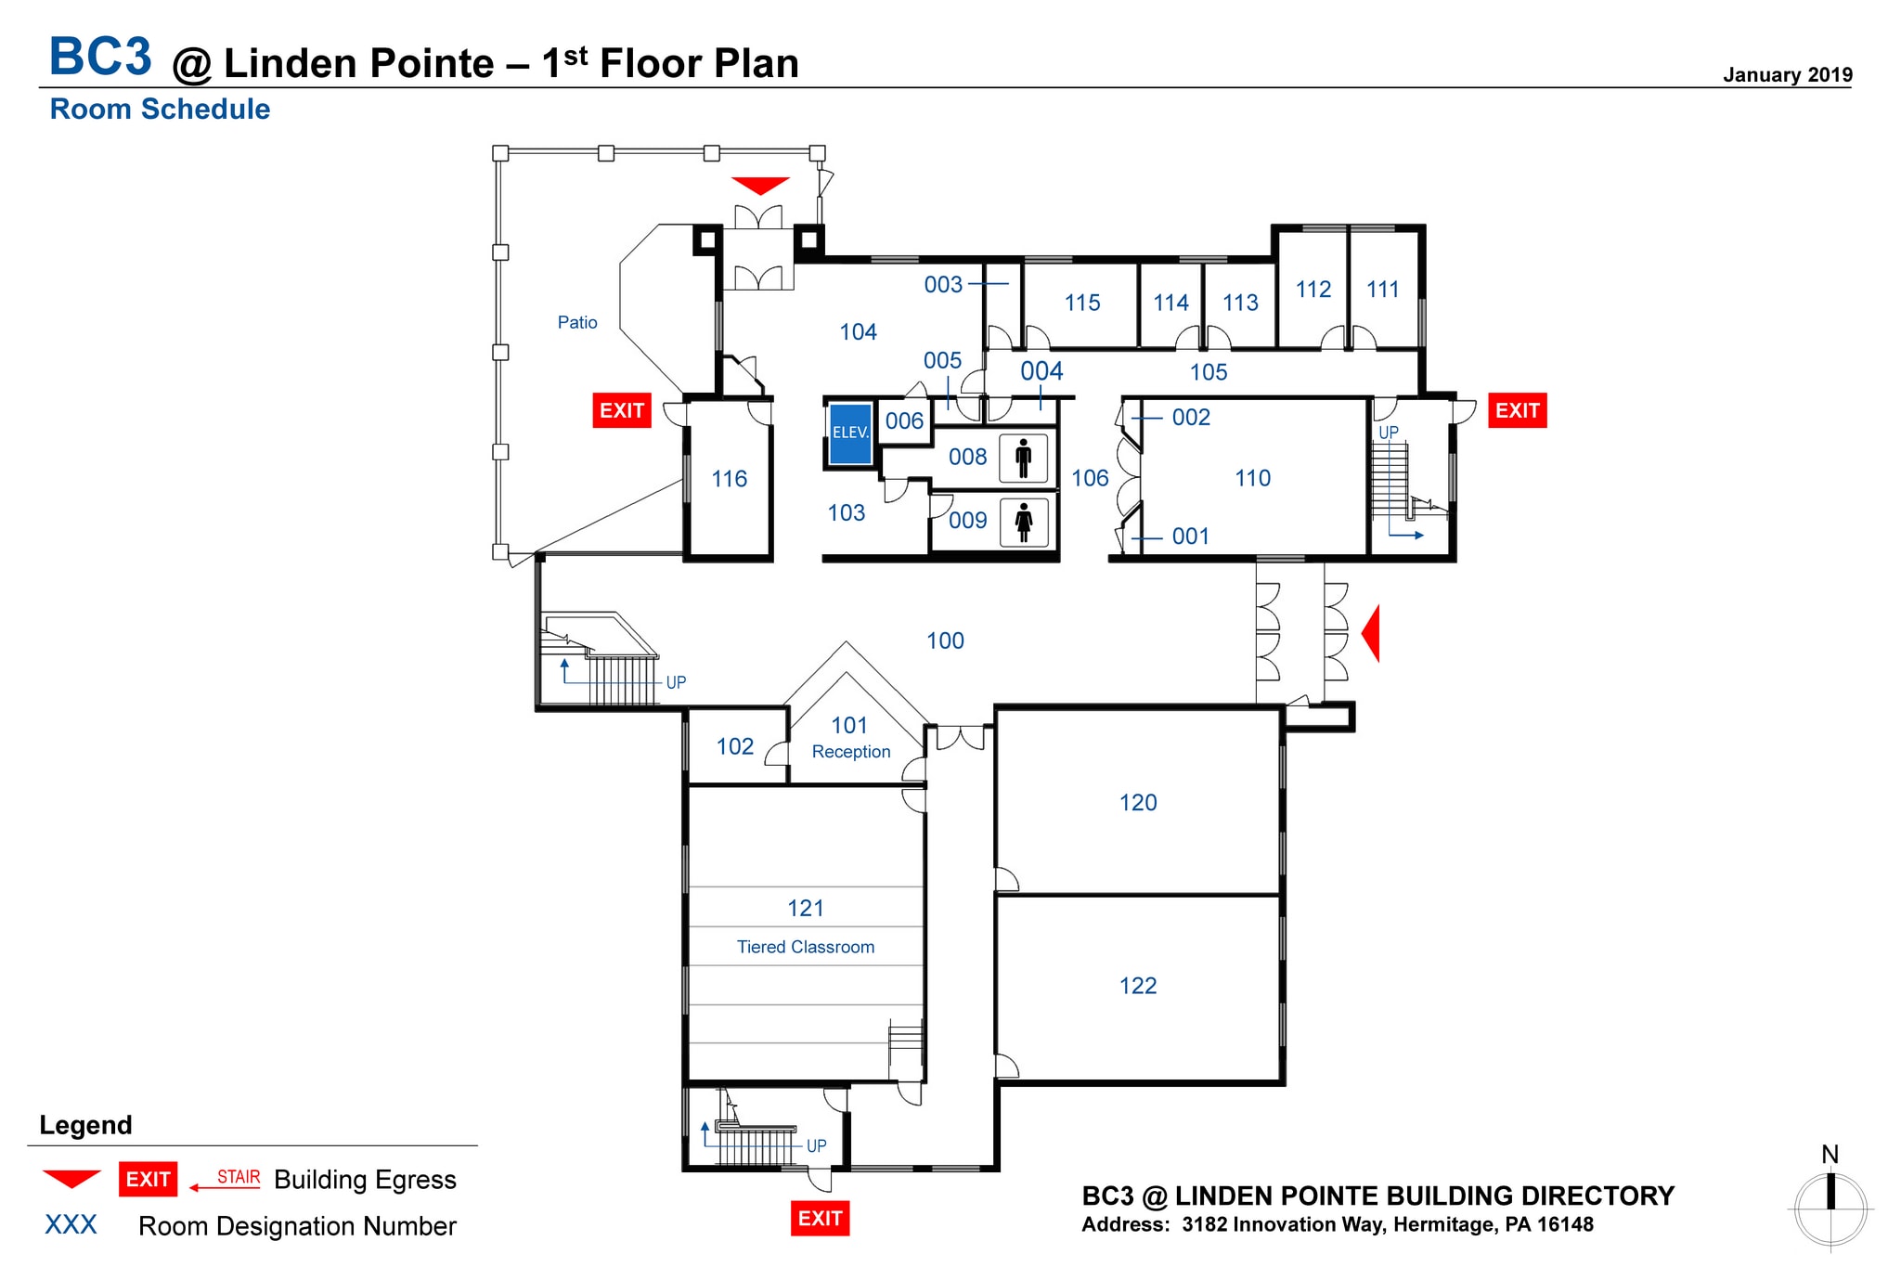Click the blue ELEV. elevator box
click(x=850, y=433)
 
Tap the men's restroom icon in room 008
click(x=1023, y=458)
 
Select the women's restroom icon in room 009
click(x=1024, y=522)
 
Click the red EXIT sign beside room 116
click(x=621, y=410)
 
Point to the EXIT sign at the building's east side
click(x=1517, y=410)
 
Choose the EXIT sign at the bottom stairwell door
click(x=820, y=1218)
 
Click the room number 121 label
click(x=805, y=908)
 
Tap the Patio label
click(x=576, y=322)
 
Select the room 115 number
click(x=1081, y=303)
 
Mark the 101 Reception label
click(x=849, y=738)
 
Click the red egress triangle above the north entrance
click(x=760, y=186)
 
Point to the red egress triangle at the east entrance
click(x=1371, y=633)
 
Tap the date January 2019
click(x=1787, y=75)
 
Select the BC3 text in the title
click(x=100, y=57)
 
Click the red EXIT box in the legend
click(x=148, y=1179)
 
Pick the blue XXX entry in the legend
click(x=71, y=1224)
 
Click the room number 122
click(x=1137, y=986)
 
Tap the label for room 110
click(x=1252, y=478)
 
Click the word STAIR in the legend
click(x=239, y=1177)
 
